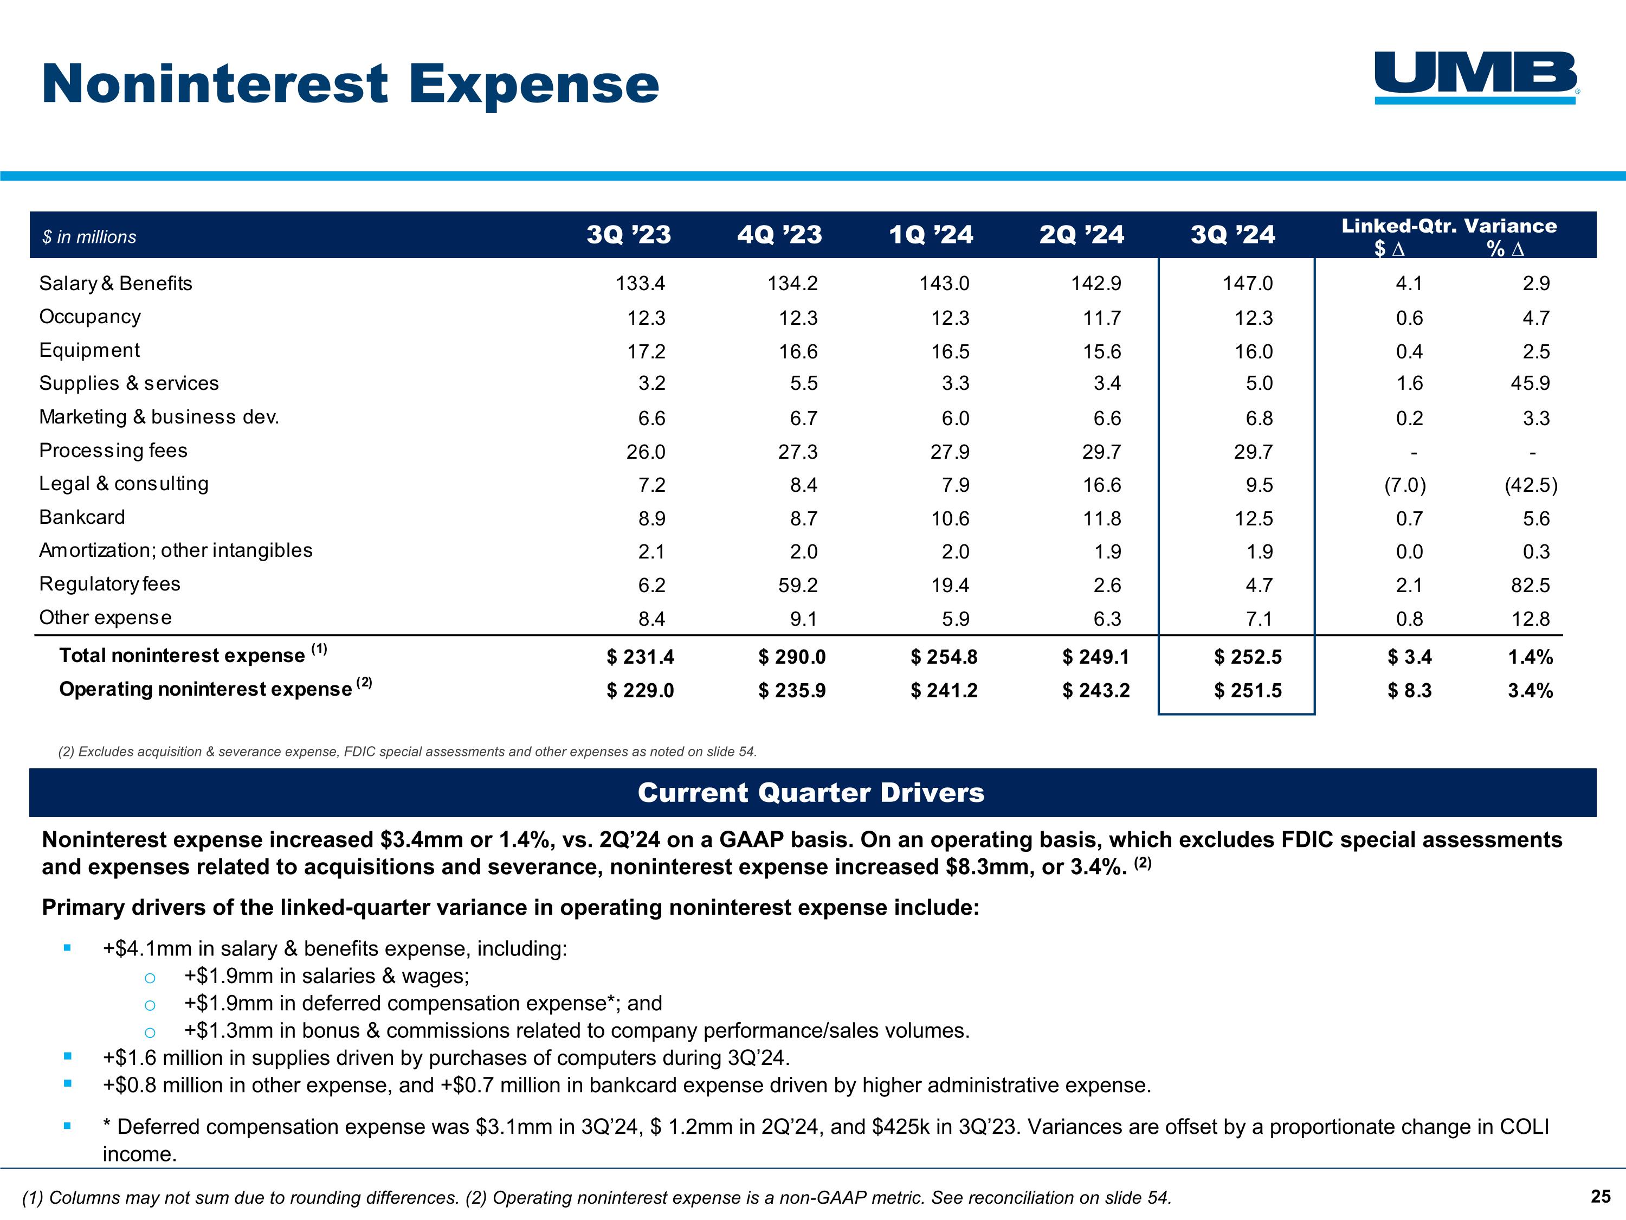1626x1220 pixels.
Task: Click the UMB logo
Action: tap(1476, 76)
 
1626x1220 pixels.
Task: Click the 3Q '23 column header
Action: tap(629, 235)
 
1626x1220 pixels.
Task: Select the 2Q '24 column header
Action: tap(1081, 235)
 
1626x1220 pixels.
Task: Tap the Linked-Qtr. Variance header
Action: tap(1449, 226)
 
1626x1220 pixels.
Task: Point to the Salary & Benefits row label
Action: tap(115, 283)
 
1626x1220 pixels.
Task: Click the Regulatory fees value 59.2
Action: tap(798, 586)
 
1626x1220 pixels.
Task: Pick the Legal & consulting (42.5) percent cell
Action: tap(1531, 485)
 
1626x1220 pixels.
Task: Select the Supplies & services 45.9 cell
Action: tap(1531, 383)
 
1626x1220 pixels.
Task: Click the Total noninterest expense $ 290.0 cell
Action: tap(792, 657)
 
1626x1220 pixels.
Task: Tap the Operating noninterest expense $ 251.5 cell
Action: tap(1248, 691)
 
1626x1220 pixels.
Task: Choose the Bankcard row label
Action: tap(82, 517)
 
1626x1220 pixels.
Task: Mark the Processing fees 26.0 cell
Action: tap(646, 452)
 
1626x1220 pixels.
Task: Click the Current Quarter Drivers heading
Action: tap(811, 793)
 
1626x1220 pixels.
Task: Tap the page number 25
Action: tap(1601, 1197)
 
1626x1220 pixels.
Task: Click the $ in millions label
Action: tap(89, 237)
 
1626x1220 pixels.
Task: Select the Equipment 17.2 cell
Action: tap(646, 351)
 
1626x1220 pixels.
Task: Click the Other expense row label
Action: tap(105, 618)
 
